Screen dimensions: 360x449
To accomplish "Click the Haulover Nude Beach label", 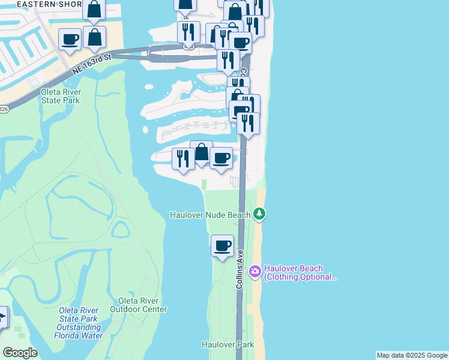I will [210, 214].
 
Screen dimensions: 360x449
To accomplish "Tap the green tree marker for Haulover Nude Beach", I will [259, 214].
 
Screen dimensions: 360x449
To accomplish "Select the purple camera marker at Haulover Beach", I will [255, 272].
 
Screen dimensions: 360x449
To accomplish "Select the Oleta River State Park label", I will [61, 96].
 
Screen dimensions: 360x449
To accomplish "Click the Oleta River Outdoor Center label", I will [139, 305].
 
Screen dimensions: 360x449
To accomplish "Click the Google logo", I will [20, 353].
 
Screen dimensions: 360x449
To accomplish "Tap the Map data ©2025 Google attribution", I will [412, 355].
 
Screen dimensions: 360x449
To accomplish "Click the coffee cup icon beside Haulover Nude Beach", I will [223, 245].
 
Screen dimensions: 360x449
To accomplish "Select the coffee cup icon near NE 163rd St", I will [70, 39].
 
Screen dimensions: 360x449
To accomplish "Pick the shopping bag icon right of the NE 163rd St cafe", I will [95, 37].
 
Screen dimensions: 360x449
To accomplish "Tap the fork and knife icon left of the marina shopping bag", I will [183, 158].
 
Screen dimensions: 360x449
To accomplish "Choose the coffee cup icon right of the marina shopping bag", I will [221, 158].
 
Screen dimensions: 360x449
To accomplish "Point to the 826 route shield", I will [4, 109].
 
